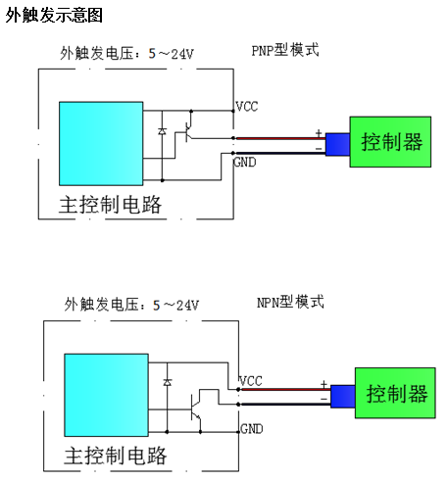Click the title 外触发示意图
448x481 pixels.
click(x=54, y=15)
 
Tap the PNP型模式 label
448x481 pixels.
click(x=285, y=50)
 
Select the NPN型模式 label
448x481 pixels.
click(x=290, y=302)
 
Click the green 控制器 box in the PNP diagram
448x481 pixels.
click(x=390, y=142)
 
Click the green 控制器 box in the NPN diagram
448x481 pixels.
click(x=395, y=393)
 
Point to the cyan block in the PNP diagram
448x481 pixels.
click(x=101, y=144)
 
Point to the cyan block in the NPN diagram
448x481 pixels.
click(x=106, y=395)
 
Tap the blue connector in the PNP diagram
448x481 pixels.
click(x=337, y=144)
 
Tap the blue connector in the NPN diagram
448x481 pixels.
click(x=343, y=397)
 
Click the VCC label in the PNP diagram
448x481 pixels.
click(x=247, y=107)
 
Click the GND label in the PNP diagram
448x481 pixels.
click(x=244, y=163)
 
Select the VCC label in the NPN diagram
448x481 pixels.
click(x=251, y=381)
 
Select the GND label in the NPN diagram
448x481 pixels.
click(x=252, y=429)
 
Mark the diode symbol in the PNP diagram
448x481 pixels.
click(x=162, y=131)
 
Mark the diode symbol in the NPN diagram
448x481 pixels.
click(x=168, y=382)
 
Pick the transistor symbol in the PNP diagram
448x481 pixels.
click(x=188, y=131)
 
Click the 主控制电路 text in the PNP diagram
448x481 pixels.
click(x=110, y=205)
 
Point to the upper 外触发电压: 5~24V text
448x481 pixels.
click(x=126, y=53)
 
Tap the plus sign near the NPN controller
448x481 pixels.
click(x=324, y=384)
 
